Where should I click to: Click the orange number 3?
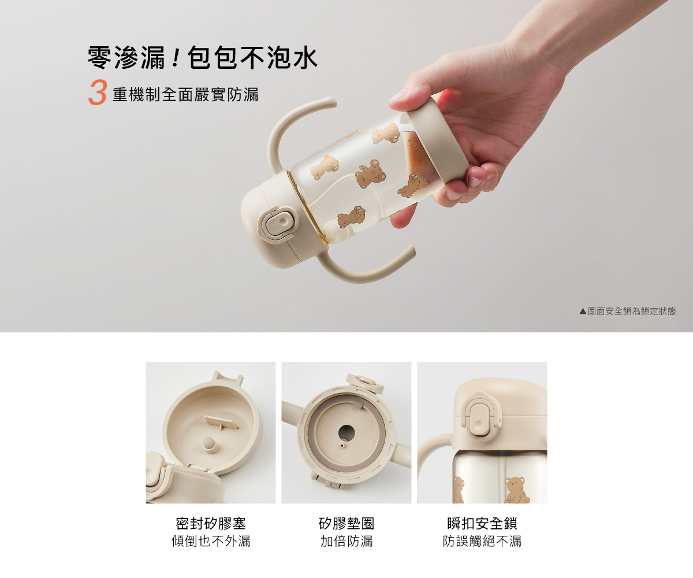[x=98, y=92]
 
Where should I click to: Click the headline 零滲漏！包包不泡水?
[x=203, y=58]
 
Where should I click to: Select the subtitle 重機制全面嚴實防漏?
[x=185, y=94]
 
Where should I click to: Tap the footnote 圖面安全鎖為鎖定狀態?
[x=632, y=311]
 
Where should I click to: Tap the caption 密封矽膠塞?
[x=211, y=524]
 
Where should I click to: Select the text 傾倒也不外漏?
[x=211, y=541]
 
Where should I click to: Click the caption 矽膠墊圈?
[x=346, y=524]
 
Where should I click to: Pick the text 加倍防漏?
[x=346, y=541]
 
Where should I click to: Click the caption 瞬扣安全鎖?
[x=482, y=524]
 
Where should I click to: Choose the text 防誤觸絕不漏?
[x=482, y=541]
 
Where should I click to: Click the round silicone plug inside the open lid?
[x=210, y=444]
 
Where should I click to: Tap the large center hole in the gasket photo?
[x=346, y=433]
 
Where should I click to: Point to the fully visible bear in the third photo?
[x=517, y=490]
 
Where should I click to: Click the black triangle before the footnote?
[x=583, y=312]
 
